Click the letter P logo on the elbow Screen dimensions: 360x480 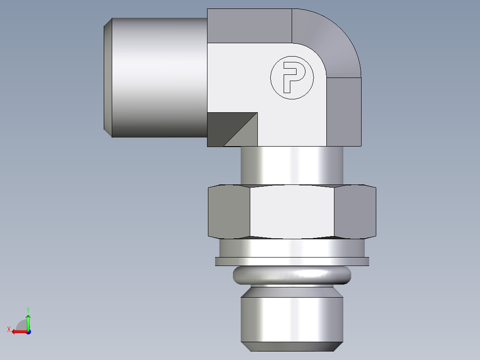coord(292,78)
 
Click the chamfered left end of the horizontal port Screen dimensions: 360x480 coord(108,78)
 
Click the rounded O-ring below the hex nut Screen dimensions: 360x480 coord(292,276)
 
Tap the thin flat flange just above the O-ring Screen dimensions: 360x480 coord(292,262)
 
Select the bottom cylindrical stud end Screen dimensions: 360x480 coord(292,319)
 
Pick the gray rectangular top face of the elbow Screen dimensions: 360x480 coord(249,25)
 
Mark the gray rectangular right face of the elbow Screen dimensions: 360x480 coord(344,111)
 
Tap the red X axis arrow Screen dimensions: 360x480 coord(18,331)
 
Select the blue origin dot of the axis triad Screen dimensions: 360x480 coord(28,331)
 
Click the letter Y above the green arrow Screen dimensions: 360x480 coord(28,309)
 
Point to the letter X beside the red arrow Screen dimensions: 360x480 coord(8,329)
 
